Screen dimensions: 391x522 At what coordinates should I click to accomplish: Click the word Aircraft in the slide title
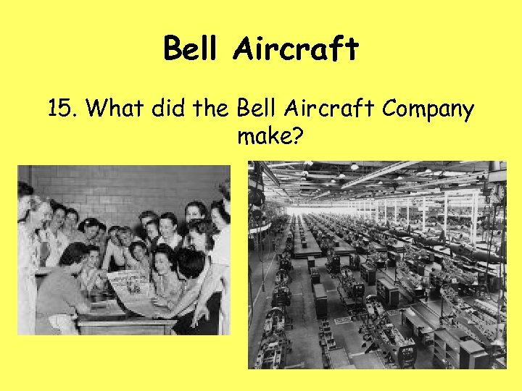[x=296, y=49]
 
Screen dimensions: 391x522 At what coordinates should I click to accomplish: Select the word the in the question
[x=211, y=110]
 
